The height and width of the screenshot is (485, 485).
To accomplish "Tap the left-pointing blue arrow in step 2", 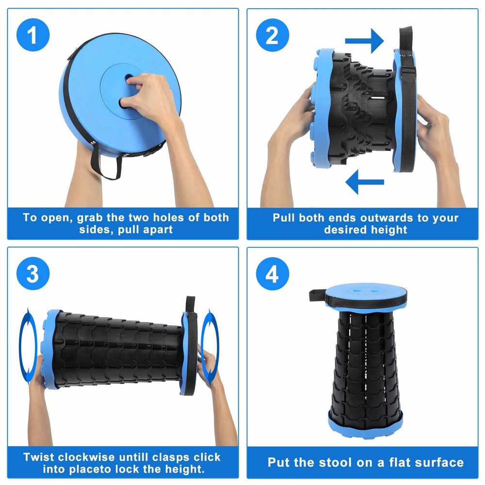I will click(364, 182).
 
